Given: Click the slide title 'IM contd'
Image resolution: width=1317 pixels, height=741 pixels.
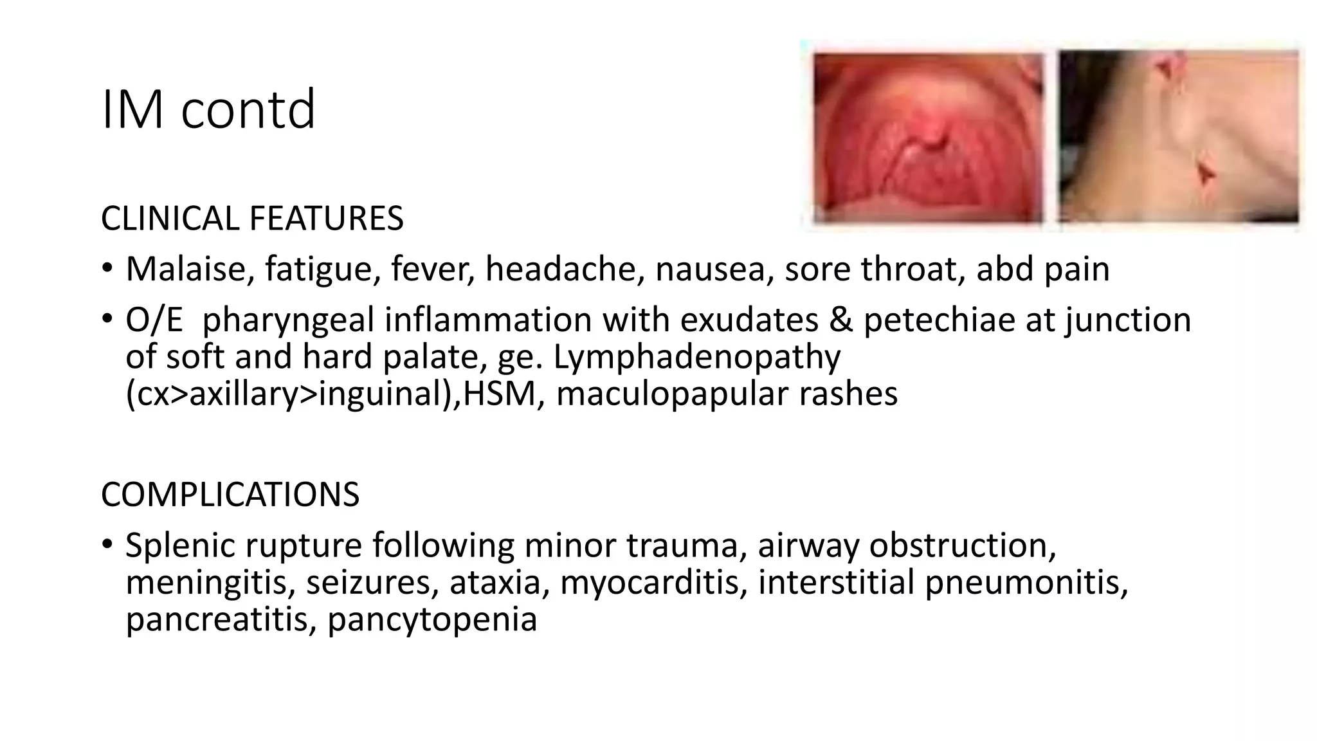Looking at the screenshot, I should click(x=208, y=109).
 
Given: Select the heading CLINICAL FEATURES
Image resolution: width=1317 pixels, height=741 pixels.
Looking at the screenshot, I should click(x=252, y=218).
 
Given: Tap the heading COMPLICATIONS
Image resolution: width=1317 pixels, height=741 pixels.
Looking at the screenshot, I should click(x=230, y=495).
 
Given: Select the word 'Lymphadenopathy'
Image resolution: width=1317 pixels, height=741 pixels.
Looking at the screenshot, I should click(x=696, y=357).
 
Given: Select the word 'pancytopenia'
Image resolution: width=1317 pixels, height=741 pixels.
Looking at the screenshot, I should click(x=432, y=619).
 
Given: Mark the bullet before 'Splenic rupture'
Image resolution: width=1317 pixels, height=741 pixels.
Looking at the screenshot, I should click(x=107, y=544).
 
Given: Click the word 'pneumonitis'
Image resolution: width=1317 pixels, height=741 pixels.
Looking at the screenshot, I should click(x=1026, y=583).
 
